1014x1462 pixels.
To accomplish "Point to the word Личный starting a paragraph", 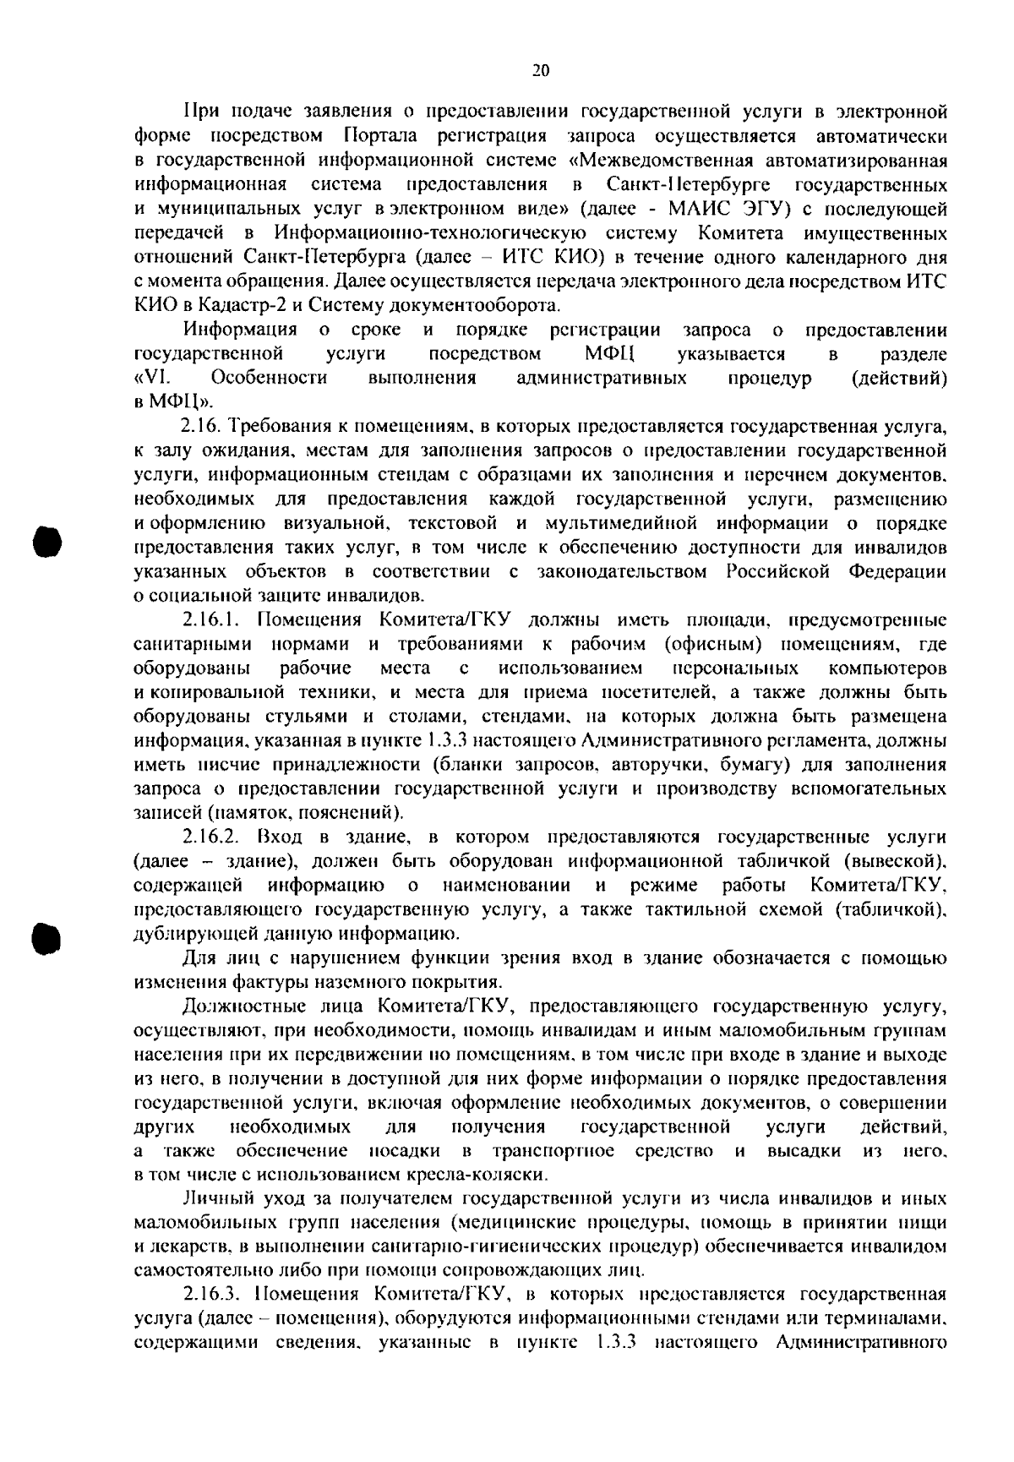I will pyautogui.click(x=211, y=1198).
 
